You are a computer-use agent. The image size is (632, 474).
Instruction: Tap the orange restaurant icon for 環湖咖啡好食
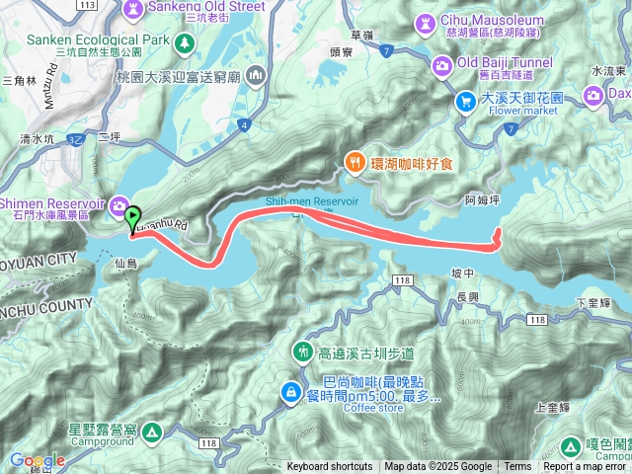click(353, 162)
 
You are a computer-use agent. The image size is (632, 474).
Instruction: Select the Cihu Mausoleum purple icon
click(426, 21)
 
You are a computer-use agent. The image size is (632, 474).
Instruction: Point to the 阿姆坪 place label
click(482, 198)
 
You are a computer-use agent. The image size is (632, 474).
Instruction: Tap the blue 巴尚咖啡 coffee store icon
click(291, 393)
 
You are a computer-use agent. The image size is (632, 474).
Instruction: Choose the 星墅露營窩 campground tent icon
click(151, 432)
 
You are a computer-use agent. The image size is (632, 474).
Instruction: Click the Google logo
click(38, 461)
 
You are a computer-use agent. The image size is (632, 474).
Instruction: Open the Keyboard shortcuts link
click(330, 467)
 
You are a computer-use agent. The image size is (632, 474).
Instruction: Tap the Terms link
click(517, 467)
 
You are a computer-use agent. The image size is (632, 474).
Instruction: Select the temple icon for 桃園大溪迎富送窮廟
click(256, 75)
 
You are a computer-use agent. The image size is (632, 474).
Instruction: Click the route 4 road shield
click(242, 125)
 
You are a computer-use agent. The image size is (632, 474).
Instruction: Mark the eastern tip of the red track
click(501, 233)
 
